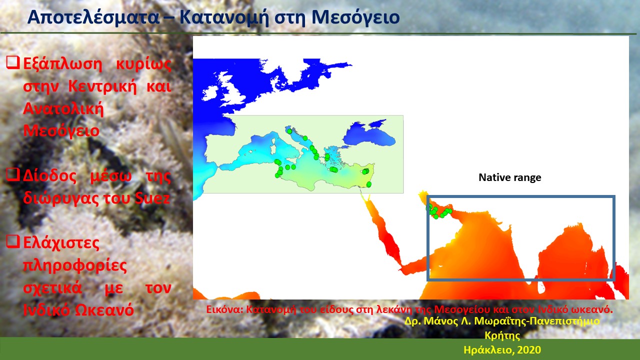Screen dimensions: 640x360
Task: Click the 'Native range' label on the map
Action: click(x=509, y=177)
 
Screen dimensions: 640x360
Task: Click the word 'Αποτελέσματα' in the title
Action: click(x=93, y=17)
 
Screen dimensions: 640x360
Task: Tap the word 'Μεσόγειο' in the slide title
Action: click(x=355, y=17)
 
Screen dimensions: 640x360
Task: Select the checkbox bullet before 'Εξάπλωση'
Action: click(x=13, y=62)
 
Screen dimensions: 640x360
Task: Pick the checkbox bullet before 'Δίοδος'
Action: click(x=13, y=174)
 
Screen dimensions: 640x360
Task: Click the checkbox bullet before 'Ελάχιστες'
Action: click(x=13, y=241)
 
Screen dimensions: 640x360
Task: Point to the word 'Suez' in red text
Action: click(x=152, y=197)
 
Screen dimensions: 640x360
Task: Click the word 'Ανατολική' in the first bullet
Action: click(x=63, y=109)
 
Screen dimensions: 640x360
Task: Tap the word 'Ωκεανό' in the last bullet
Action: click(x=104, y=309)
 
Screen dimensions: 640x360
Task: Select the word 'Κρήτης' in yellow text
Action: click(x=502, y=335)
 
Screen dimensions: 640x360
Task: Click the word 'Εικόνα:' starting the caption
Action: click(x=224, y=309)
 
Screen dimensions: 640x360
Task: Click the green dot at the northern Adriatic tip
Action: click(x=289, y=131)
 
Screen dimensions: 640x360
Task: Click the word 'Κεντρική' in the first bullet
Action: click(x=102, y=86)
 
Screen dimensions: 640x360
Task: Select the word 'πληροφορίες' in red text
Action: click(x=75, y=265)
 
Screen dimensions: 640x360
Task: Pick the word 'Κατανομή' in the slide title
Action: click(x=224, y=17)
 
